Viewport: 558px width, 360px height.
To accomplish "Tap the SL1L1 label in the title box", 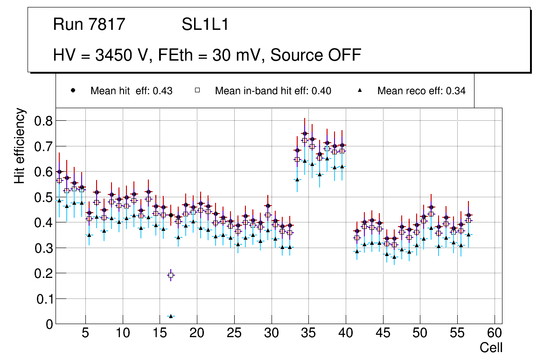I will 205,25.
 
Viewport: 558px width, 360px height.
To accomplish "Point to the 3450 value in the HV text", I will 112,55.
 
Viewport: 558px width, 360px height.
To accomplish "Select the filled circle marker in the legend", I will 73,90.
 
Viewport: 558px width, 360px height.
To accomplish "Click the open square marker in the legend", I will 197,90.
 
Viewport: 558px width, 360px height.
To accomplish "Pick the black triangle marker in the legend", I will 360,90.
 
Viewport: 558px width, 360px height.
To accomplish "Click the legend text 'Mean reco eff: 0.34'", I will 421,91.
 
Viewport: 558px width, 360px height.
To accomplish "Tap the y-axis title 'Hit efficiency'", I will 20,146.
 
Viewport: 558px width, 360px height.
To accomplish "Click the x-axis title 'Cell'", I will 491,347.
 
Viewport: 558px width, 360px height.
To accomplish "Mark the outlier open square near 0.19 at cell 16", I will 171,275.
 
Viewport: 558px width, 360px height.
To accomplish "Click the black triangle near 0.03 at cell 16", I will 171,316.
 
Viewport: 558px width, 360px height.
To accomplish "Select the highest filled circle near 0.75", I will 305,133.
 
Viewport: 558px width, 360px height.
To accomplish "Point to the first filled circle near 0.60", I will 59,172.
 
